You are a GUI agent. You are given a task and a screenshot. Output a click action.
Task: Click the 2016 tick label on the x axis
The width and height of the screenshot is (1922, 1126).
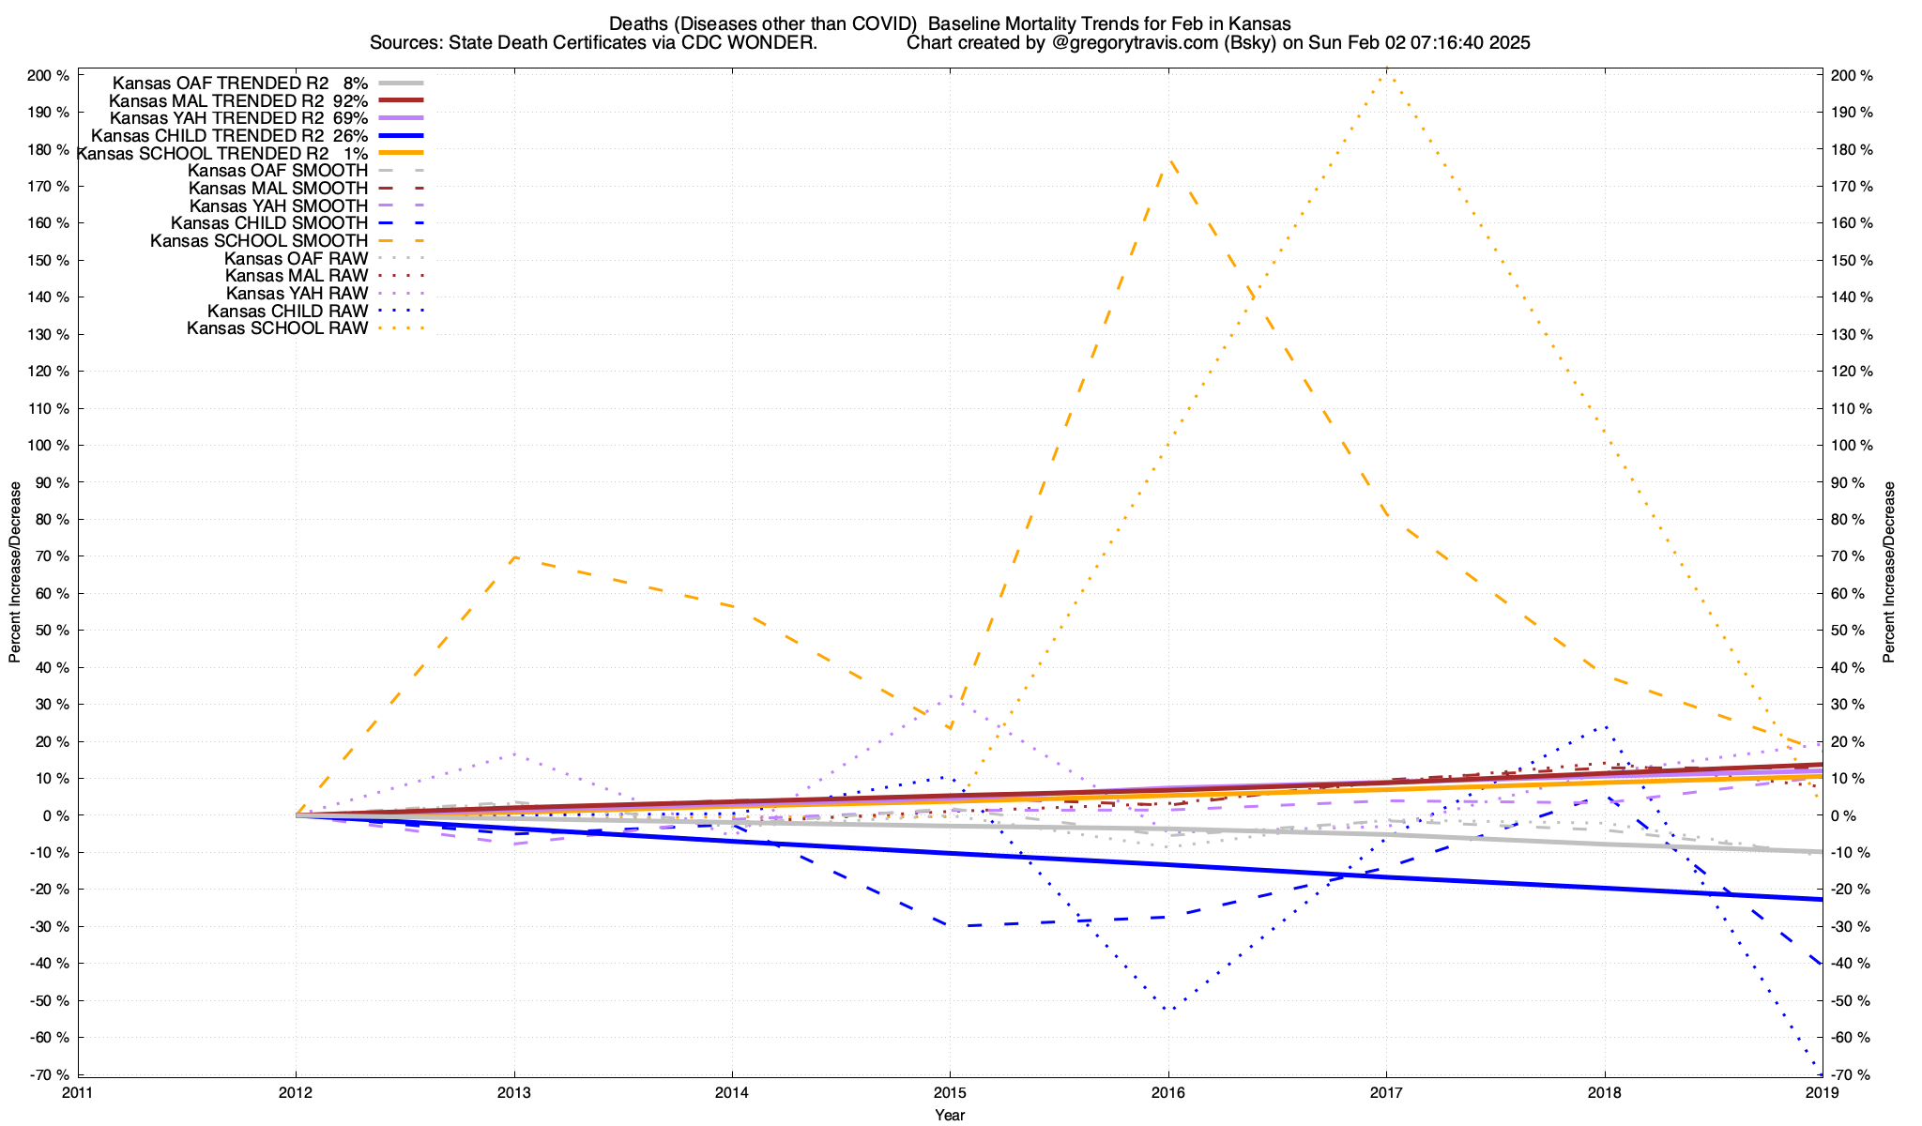tap(1168, 1092)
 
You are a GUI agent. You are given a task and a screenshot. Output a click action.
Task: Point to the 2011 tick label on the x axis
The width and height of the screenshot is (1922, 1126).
tap(78, 1092)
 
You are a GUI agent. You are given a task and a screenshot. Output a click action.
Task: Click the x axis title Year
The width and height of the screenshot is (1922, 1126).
tap(950, 1115)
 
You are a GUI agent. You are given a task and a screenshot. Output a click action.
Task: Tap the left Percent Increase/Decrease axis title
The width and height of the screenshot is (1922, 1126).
tap(15, 572)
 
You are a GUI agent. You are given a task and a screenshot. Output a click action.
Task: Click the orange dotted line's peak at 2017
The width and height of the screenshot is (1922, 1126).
tap(1386, 69)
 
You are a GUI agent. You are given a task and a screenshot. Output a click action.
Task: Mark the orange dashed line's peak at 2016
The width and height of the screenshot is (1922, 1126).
tap(1168, 161)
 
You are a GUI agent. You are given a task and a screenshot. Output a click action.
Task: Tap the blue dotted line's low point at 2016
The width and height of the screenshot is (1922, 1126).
tap(1168, 1010)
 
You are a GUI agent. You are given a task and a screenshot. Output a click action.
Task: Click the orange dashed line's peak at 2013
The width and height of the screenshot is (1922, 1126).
tap(514, 557)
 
